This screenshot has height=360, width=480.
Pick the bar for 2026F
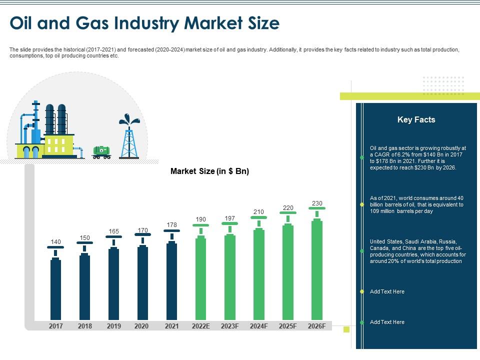point(316,270)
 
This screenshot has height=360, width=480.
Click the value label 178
point(171,224)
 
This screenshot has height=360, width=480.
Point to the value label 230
point(317,203)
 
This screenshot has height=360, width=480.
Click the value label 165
point(113,231)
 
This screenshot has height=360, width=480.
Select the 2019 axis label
point(113,326)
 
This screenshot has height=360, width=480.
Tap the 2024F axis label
point(259,326)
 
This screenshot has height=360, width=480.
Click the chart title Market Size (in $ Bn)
point(209,171)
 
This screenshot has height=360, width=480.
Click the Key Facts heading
point(416,119)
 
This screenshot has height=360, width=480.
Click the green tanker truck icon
point(101,151)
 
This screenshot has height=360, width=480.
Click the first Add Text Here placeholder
point(387,291)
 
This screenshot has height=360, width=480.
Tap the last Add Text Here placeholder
point(387,322)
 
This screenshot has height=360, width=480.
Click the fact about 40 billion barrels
point(416,204)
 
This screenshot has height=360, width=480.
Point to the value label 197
point(229,218)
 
